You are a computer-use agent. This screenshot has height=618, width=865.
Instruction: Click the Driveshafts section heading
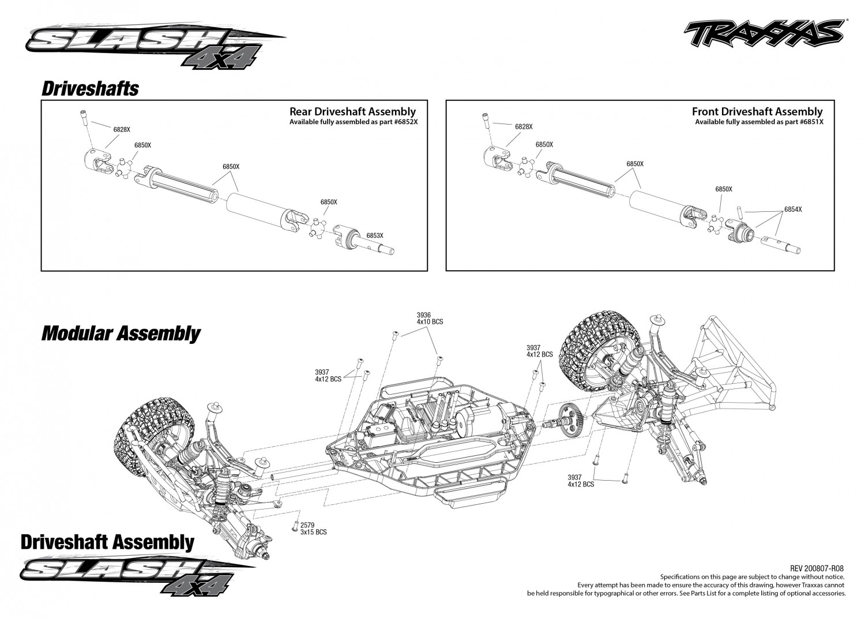tap(90, 89)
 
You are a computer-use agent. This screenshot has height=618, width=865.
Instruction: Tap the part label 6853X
tap(375, 235)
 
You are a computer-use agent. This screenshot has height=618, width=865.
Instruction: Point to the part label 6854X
tap(793, 209)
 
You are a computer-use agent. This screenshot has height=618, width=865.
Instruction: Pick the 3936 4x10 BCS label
tap(430, 318)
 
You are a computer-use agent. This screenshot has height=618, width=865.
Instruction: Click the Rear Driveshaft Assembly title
tap(352, 112)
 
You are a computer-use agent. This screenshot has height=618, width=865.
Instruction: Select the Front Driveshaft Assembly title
tap(757, 112)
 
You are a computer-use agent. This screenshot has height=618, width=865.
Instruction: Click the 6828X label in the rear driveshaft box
tap(122, 129)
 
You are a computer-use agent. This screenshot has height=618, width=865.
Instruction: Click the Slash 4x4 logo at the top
tap(155, 46)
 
